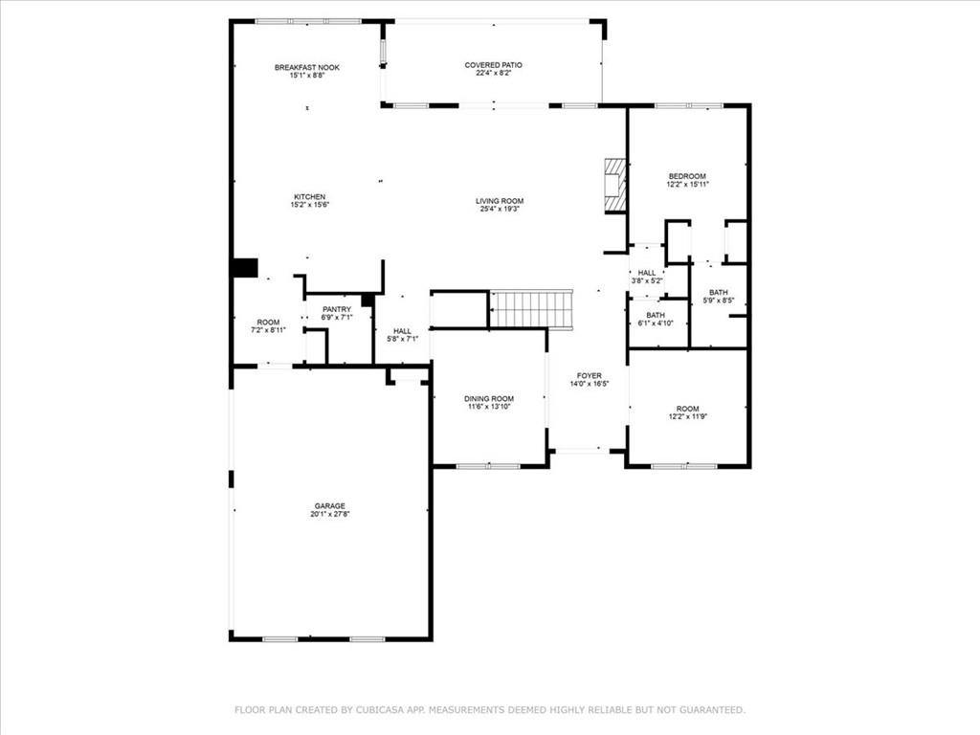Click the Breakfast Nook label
coord(307,67)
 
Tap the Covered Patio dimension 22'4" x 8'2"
coord(493,74)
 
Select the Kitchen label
coord(309,196)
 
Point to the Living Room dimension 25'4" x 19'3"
coord(501,210)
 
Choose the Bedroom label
coord(686,176)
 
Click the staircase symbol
coord(531,309)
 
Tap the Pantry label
coord(337,309)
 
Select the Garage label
coord(330,505)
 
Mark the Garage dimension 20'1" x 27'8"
coord(330,515)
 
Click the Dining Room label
coord(489,398)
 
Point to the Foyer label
coord(589,375)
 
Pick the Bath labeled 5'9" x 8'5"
coord(718,293)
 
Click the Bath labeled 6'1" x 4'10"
coord(656,315)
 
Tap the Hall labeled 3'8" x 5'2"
coord(647,273)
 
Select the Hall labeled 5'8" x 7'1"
coord(402,331)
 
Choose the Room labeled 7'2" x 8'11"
coord(268,322)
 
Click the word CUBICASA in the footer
coord(395,710)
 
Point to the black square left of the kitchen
coord(245,268)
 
